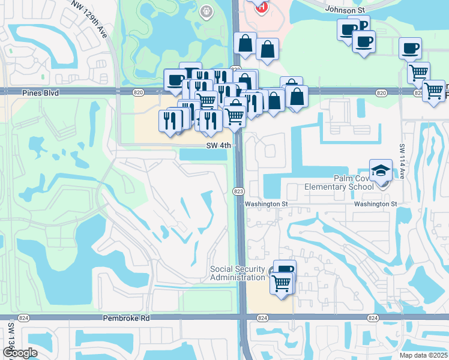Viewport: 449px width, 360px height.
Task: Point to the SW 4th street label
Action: pyautogui.click(x=219, y=145)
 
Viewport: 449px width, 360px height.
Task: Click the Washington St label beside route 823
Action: pyautogui.click(x=266, y=204)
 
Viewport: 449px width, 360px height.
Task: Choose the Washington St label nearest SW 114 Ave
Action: pyautogui.click(x=375, y=204)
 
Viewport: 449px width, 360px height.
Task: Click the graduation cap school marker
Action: pyautogui.click(x=381, y=170)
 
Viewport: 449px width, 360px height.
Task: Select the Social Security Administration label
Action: pyautogui.click(x=238, y=273)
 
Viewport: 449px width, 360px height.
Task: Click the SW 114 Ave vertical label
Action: pyautogui.click(x=402, y=159)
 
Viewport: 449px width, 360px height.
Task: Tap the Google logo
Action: pyautogui.click(x=20, y=353)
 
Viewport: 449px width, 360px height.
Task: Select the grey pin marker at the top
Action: pyautogui.click(x=206, y=11)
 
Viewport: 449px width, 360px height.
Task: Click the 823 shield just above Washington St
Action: pyautogui.click(x=238, y=191)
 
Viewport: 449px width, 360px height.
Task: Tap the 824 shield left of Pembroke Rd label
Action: pyautogui.click(x=23, y=318)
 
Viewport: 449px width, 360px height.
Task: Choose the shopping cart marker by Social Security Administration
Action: pyautogui.click(x=282, y=283)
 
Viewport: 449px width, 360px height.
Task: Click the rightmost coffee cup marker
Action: pyautogui.click(x=410, y=48)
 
